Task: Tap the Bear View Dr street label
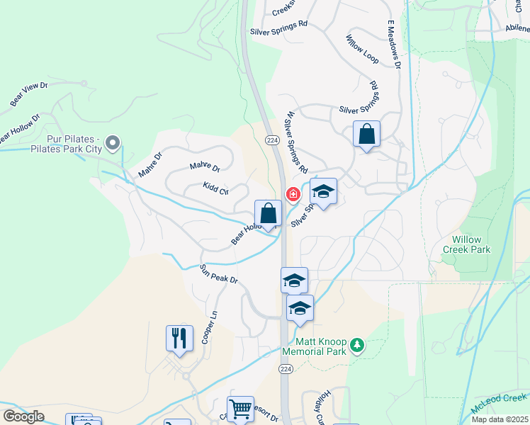pyautogui.click(x=28, y=94)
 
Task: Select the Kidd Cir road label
pyautogui.click(x=215, y=188)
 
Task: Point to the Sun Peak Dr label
pyautogui.click(x=218, y=274)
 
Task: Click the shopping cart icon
pyautogui.click(x=240, y=408)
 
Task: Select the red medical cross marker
pyautogui.click(x=292, y=194)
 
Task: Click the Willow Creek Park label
pyautogui.click(x=466, y=244)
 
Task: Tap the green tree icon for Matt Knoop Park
pyautogui.click(x=359, y=344)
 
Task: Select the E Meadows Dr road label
pyautogui.click(x=394, y=44)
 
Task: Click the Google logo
pyautogui.click(x=23, y=416)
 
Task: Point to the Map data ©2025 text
pyautogui.click(x=500, y=419)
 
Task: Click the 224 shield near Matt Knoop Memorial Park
pyautogui.click(x=286, y=369)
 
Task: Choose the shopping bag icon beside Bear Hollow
pyautogui.click(x=269, y=212)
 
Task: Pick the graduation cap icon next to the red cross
pyautogui.click(x=323, y=191)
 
